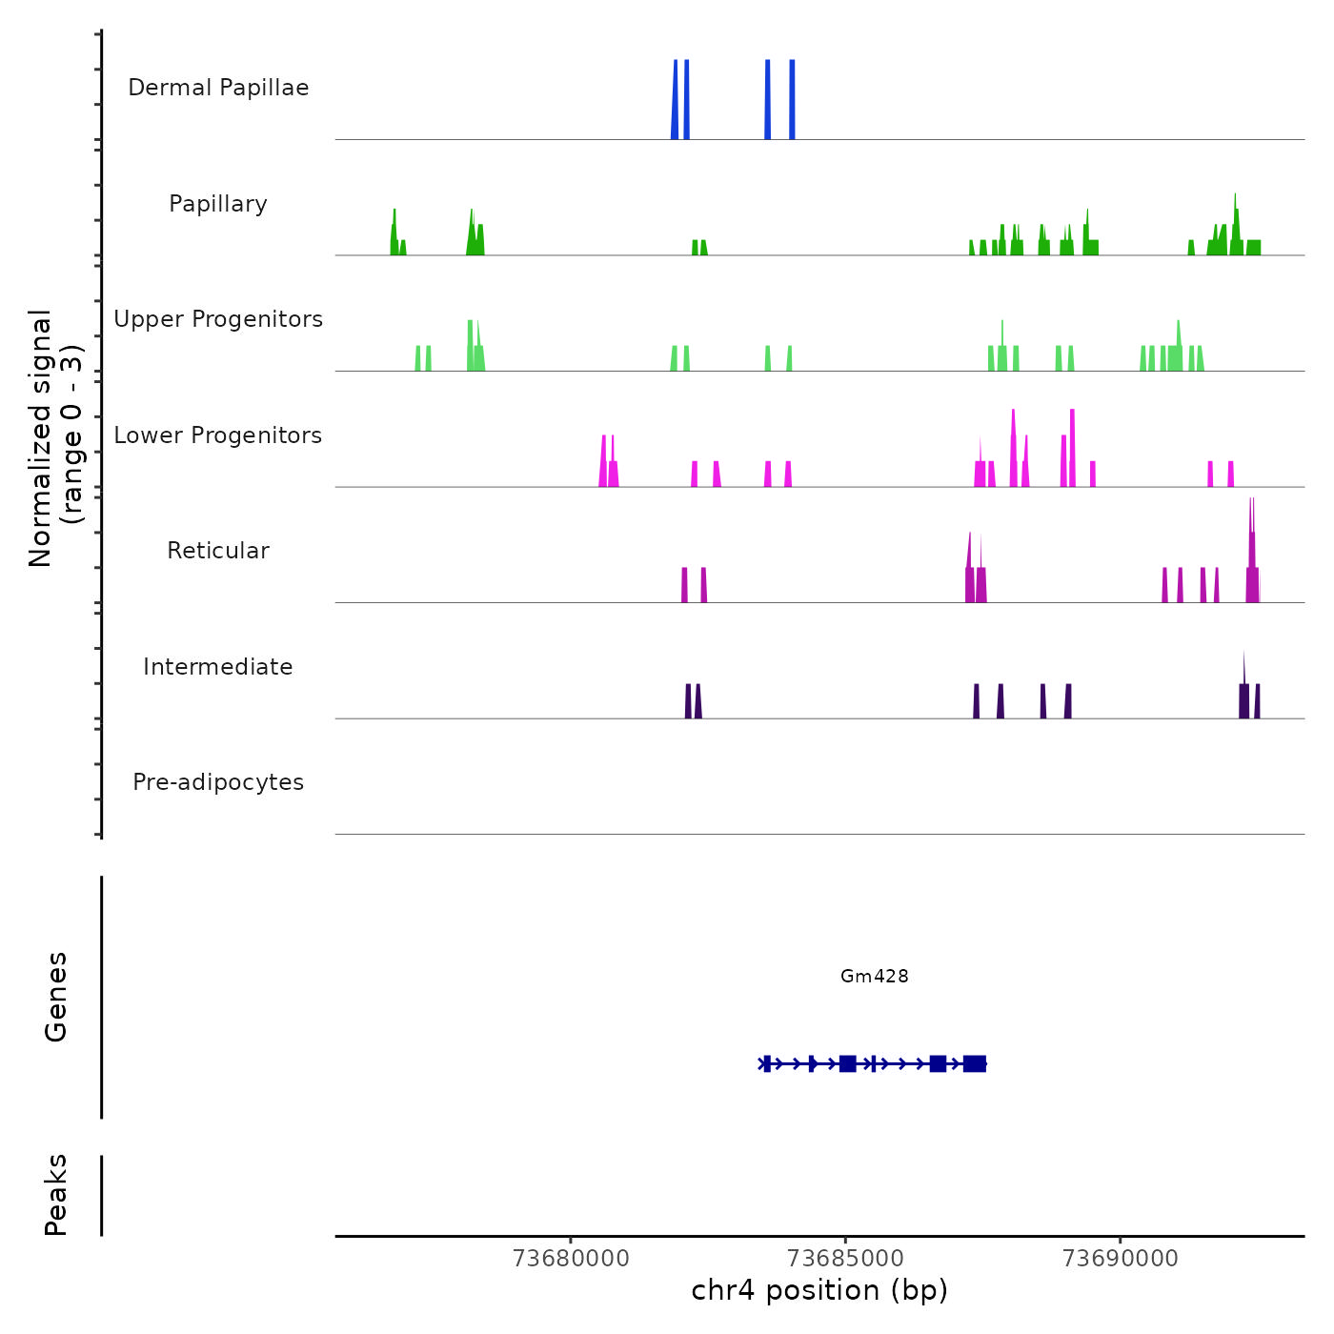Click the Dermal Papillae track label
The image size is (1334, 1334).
pos(218,88)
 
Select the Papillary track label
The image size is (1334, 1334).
pos(218,204)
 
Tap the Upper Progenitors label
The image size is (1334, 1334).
pos(218,319)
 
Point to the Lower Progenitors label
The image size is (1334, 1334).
pos(218,435)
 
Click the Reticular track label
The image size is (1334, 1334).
pos(218,551)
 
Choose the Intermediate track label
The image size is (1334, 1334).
pos(218,667)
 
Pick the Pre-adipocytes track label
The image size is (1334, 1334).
pos(218,782)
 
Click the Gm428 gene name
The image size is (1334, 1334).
pos(874,976)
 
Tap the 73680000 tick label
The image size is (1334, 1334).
pos(571,1259)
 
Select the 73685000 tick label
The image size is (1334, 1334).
pos(845,1259)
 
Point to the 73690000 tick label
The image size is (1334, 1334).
pos(1120,1259)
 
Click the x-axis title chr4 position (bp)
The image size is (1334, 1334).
pos(819,1291)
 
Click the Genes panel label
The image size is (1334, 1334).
pos(56,997)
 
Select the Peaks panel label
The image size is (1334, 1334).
pos(56,1195)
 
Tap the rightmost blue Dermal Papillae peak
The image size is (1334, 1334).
pos(792,100)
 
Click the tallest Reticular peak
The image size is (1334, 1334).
pos(1252,553)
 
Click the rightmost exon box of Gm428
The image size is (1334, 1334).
pos(974,1063)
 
